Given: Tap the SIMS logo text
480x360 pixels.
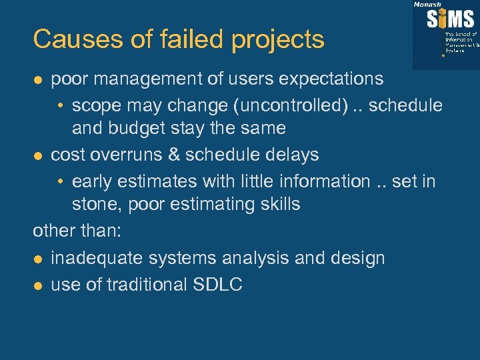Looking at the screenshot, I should (451, 19).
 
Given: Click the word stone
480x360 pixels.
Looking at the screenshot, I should (95, 203).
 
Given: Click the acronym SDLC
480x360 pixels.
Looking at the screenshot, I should (217, 285).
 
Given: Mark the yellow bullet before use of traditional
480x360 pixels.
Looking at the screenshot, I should (39, 285).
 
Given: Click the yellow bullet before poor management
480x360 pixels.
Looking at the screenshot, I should (39, 79).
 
